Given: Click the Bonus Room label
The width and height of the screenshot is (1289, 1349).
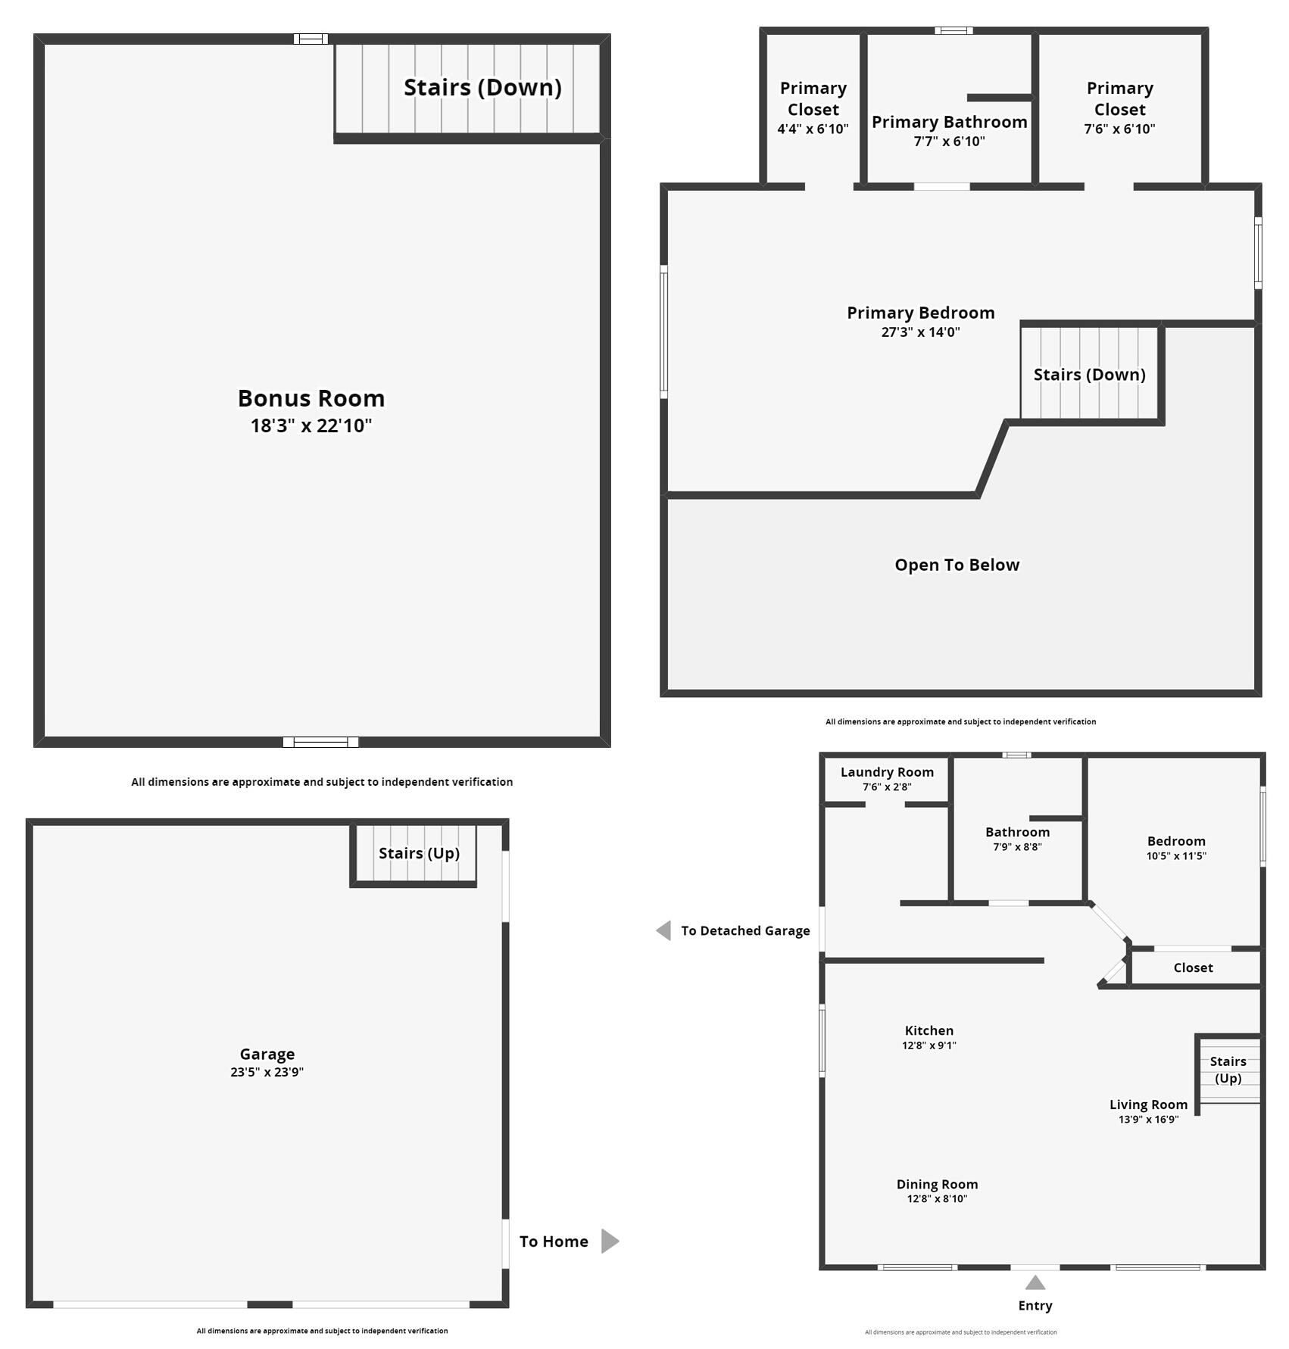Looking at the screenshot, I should pos(311,398).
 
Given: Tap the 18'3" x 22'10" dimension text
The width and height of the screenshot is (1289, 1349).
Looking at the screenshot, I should pos(311,425).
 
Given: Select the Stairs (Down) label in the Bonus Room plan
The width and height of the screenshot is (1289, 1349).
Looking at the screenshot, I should pos(482,87).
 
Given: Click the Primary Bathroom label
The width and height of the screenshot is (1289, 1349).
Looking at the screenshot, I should pos(949,122).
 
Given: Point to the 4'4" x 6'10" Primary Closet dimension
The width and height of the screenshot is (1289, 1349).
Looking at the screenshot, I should pos(813,129).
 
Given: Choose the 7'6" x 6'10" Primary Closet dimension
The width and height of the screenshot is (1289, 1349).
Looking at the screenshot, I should pos(1119,129).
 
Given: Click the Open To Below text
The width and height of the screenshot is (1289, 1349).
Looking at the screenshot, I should pos(957,565).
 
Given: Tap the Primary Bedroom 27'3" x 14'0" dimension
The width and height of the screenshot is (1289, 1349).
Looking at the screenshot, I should pos(920,332).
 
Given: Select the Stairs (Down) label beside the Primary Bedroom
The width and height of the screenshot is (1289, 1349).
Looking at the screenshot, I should pos(1089,374).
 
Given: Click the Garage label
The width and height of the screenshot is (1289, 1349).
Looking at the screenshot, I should pos(267,1054).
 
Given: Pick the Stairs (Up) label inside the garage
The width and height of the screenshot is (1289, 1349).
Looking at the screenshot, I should pos(419,853).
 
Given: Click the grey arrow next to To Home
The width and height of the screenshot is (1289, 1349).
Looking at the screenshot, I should pos(610,1241).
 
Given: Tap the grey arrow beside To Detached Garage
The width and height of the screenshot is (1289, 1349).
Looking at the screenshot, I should pos(663,930).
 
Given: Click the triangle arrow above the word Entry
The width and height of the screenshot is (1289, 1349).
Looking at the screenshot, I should pos(1035,1283).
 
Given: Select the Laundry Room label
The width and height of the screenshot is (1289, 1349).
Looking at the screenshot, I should pos(887,772).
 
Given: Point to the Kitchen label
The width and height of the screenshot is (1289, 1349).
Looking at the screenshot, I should pos(929,1030).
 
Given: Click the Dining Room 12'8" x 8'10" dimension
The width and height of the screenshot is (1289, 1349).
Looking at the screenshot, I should pos(937,1198).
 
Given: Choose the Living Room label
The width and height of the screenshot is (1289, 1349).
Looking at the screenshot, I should pos(1148,1104).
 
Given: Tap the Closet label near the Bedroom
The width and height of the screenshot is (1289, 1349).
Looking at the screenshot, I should pos(1193,967).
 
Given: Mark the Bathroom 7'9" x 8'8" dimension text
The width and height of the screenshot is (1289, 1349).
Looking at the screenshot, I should pos(1017,847).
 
